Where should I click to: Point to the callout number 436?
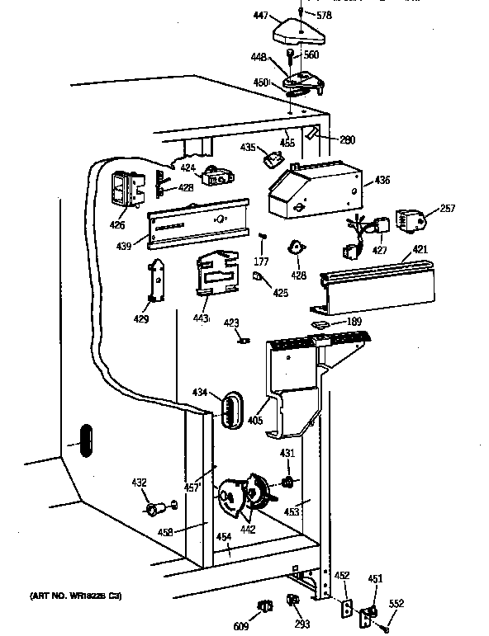382,181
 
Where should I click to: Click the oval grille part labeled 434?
231,408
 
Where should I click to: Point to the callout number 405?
255,420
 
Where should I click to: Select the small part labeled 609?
266,607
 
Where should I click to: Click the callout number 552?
396,604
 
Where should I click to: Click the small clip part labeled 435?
271,158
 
